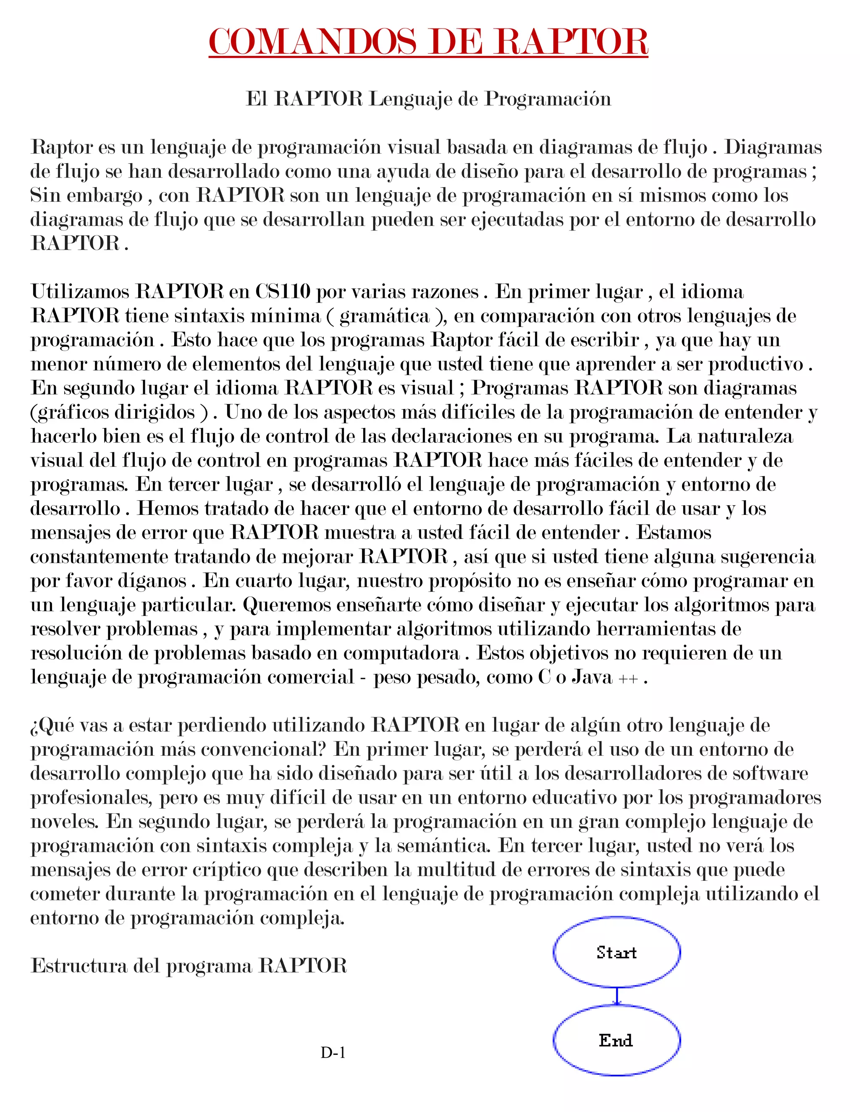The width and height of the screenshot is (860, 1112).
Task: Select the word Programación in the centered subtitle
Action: pos(548,99)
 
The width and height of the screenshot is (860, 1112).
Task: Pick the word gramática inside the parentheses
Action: pos(384,316)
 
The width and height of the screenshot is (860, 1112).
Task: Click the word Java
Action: pos(592,677)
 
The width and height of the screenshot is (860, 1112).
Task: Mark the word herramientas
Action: pos(661,629)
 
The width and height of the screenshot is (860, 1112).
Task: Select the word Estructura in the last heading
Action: pos(79,966)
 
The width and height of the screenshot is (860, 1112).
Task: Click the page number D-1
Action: pos(333,1052)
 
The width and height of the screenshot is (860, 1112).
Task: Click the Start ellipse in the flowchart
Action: pos(616,952)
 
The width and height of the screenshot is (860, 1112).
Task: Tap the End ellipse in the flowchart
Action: pos(616,1040)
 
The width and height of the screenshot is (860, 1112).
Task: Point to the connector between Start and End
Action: pos(616,996)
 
